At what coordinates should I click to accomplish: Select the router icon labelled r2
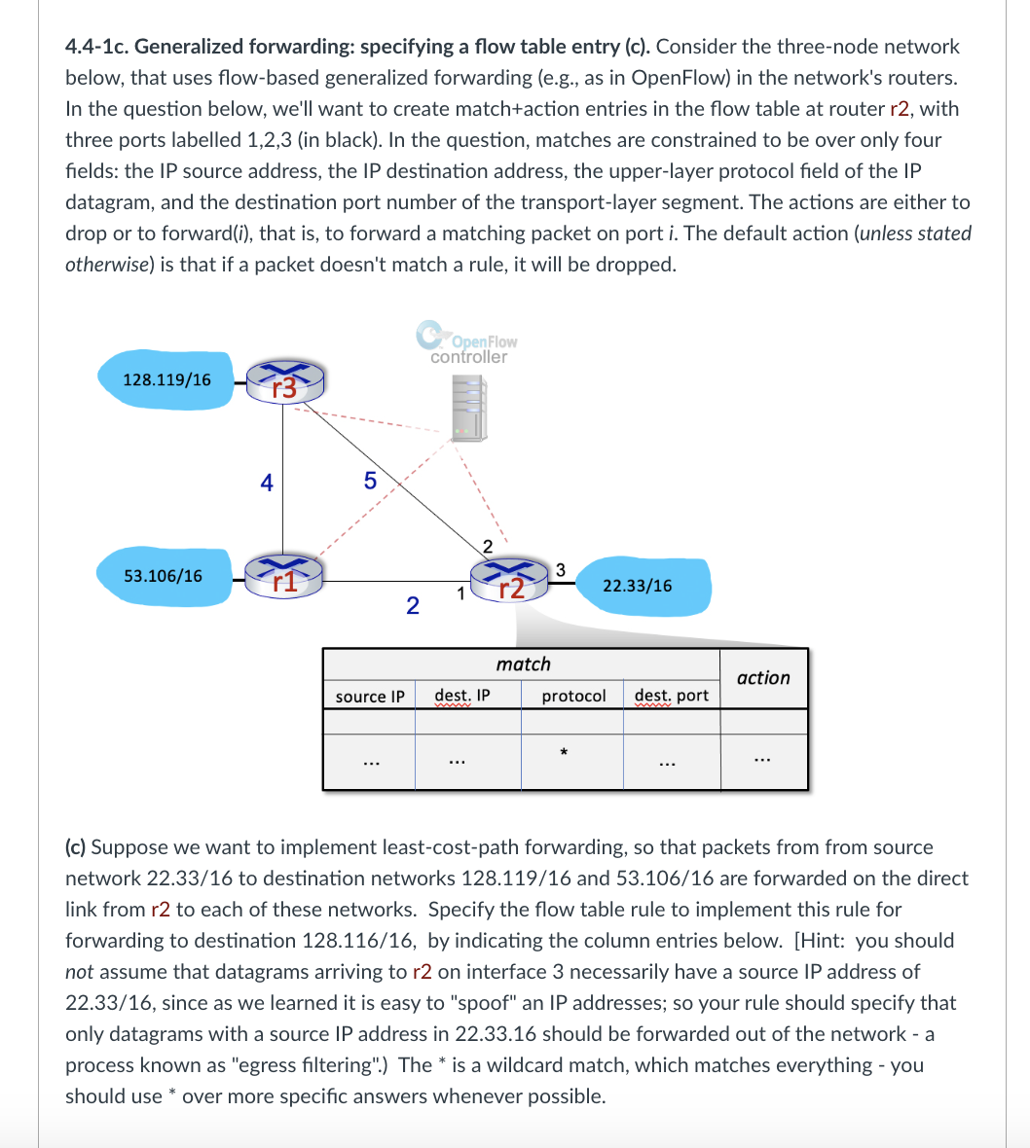(x=510, y=580)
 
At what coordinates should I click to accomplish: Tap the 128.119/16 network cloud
(x=166, y=379)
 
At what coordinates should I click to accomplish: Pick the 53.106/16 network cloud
(x=164, y=575)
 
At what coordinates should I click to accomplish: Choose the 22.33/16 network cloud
(x=637, y=586)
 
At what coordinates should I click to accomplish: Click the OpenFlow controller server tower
(x=468, y=408)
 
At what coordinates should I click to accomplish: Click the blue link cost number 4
(x=267, y=482)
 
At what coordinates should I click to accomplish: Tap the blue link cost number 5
(x=369, y=480)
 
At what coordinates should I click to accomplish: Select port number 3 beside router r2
(x=560, y=567)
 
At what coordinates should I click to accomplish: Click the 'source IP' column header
(x=369, y=697)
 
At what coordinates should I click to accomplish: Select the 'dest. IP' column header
(x=462, y=696)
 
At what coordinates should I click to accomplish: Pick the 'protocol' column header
(x=573, y=696)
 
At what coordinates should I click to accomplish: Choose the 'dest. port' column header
(x=672, y=696)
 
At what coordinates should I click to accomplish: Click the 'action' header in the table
(x=763, y=678)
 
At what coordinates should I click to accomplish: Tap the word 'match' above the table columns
(x=523, y=664)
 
